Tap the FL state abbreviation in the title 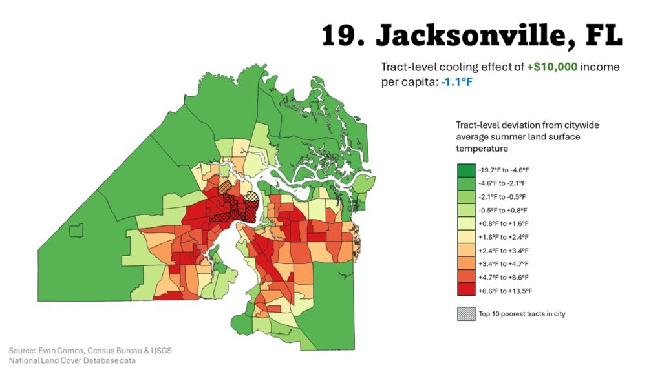603,36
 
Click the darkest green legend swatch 465,170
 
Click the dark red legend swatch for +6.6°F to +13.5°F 465,291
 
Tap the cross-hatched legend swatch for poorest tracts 465,314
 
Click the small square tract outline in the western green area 78,230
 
